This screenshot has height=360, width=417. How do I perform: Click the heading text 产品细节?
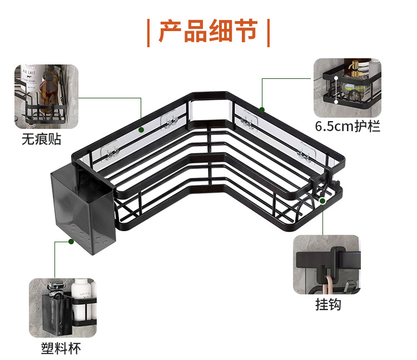(208, 32)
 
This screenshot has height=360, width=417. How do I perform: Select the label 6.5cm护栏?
(348, 126)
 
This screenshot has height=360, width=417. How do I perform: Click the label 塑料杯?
(61, 348)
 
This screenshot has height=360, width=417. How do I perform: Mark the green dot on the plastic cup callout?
(71, 242)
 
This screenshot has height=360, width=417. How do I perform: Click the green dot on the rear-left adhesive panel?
(141, 129)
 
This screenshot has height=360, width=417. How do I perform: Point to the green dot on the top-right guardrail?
(262, 109)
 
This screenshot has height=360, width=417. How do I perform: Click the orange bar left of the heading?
(148, 32)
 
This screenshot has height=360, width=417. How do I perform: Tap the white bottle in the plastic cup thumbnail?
(82, 294)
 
